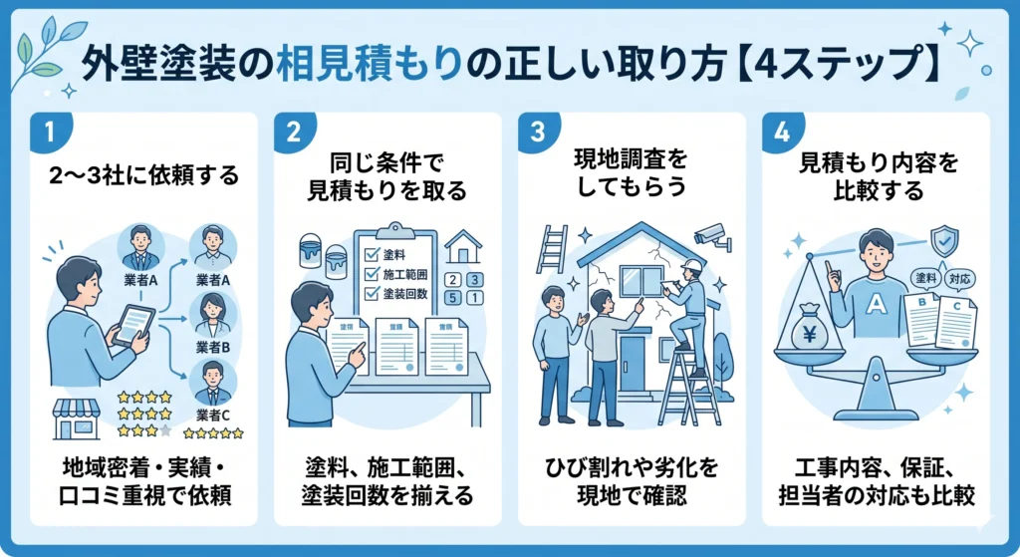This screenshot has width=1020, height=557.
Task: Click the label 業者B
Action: click(213, 348)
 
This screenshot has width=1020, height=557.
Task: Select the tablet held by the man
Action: click(132, 325)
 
